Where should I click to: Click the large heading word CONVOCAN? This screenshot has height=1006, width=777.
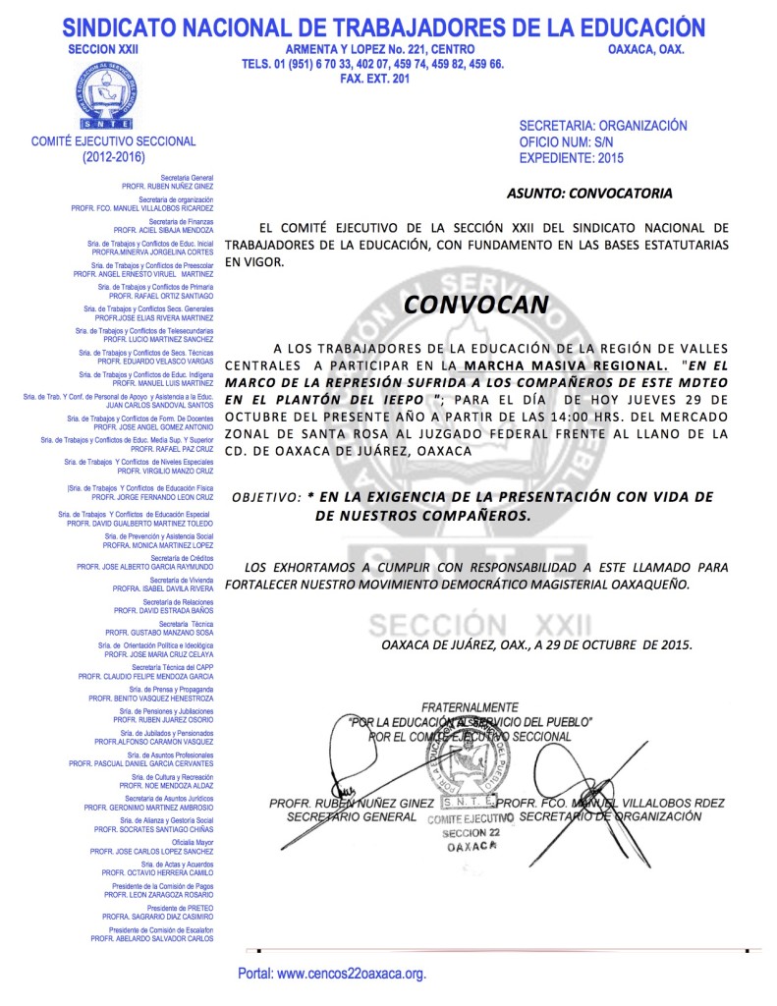(475, 305)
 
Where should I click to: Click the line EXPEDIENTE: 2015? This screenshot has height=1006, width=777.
(571, 157)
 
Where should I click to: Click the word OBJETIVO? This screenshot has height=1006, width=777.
(265, 498)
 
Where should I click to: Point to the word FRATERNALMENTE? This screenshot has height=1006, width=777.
(470, 707)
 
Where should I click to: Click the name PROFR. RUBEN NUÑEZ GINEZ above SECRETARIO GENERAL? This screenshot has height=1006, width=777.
(351, 804)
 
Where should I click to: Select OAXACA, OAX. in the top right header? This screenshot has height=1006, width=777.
(646, 48)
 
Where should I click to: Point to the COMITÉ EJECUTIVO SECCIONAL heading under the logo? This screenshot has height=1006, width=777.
(114, 141)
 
